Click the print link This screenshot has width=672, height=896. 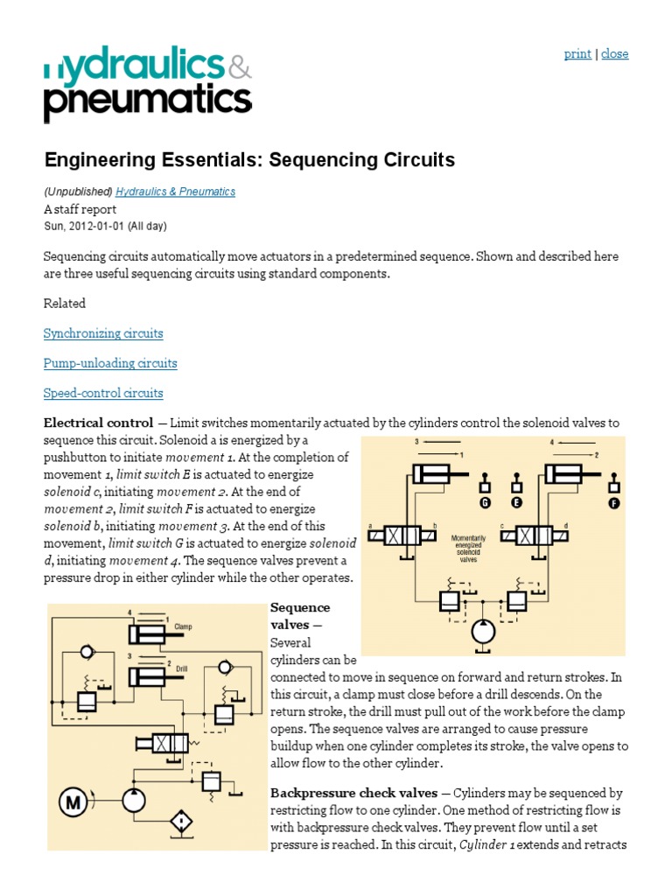tap(577, 54)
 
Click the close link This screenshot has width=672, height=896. tap(615, 54)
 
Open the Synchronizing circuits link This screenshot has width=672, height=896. tap(103, 333)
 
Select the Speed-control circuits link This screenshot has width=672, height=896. tap(103, 393)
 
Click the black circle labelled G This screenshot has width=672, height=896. tap(485, 503)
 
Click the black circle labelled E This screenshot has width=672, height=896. tap(517, 503)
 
